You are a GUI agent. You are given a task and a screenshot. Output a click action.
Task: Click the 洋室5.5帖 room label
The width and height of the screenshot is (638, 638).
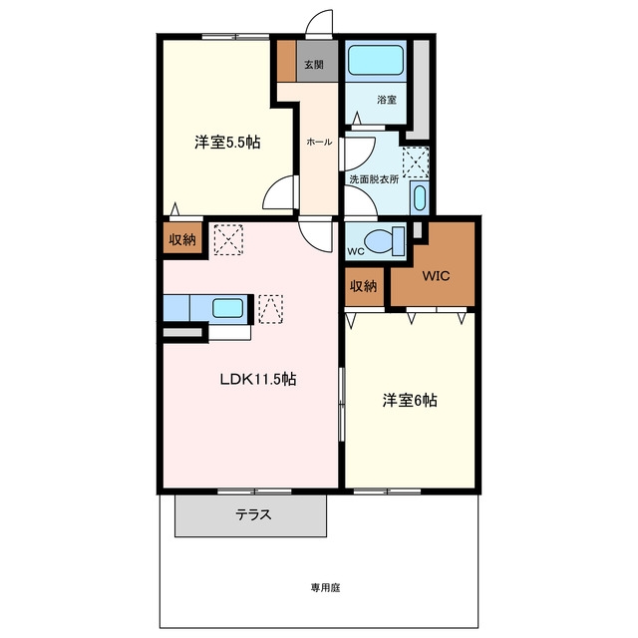pos(227,143)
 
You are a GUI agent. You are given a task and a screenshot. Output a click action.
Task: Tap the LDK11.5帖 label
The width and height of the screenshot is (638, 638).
pos(258,379)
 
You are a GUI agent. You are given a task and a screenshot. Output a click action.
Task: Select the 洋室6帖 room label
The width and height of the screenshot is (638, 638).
pos(410,401)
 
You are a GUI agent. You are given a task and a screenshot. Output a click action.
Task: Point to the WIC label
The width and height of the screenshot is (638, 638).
pos(436,276)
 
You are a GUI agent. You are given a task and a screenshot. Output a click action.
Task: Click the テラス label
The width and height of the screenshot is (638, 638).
pos(253,514)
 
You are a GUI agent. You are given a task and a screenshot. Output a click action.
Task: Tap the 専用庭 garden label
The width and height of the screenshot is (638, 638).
pos(325,587)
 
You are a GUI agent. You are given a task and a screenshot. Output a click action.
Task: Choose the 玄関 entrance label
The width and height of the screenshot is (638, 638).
pos(314,64)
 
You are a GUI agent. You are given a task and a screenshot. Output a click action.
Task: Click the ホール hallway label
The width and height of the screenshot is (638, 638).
pos(319,142)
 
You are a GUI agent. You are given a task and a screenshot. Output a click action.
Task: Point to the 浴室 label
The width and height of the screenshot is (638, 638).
pos(387,100)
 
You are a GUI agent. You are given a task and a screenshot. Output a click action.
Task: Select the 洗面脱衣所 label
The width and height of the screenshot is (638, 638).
pos(375,179)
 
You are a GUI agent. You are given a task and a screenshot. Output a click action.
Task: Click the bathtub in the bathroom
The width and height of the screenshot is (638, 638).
pos(376,60)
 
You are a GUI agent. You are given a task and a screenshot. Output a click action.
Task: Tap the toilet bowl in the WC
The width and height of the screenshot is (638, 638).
pos(384,241)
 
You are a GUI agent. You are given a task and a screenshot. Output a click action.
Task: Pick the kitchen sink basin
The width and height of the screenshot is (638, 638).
pos(228,308)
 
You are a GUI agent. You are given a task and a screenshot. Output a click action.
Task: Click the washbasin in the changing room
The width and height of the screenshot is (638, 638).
pos(419,197)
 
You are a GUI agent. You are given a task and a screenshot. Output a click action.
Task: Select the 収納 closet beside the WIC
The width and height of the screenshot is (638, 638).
pos(364,286)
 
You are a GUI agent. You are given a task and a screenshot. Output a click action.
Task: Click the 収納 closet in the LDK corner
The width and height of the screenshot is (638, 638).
pos(182,238)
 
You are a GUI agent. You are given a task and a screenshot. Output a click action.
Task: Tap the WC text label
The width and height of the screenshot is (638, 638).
pos(356,251)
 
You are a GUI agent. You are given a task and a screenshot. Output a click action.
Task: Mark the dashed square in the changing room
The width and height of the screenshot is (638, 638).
pos(416,162)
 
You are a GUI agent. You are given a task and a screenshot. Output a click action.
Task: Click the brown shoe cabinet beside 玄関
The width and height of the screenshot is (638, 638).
pos(287,61)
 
